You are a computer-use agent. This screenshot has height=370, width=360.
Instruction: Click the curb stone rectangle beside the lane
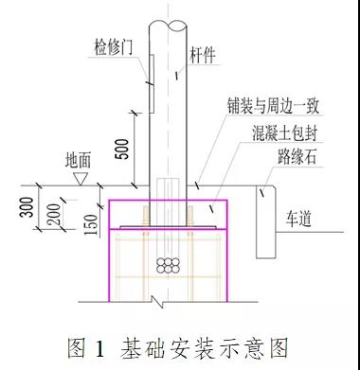(x=263, y=220)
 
